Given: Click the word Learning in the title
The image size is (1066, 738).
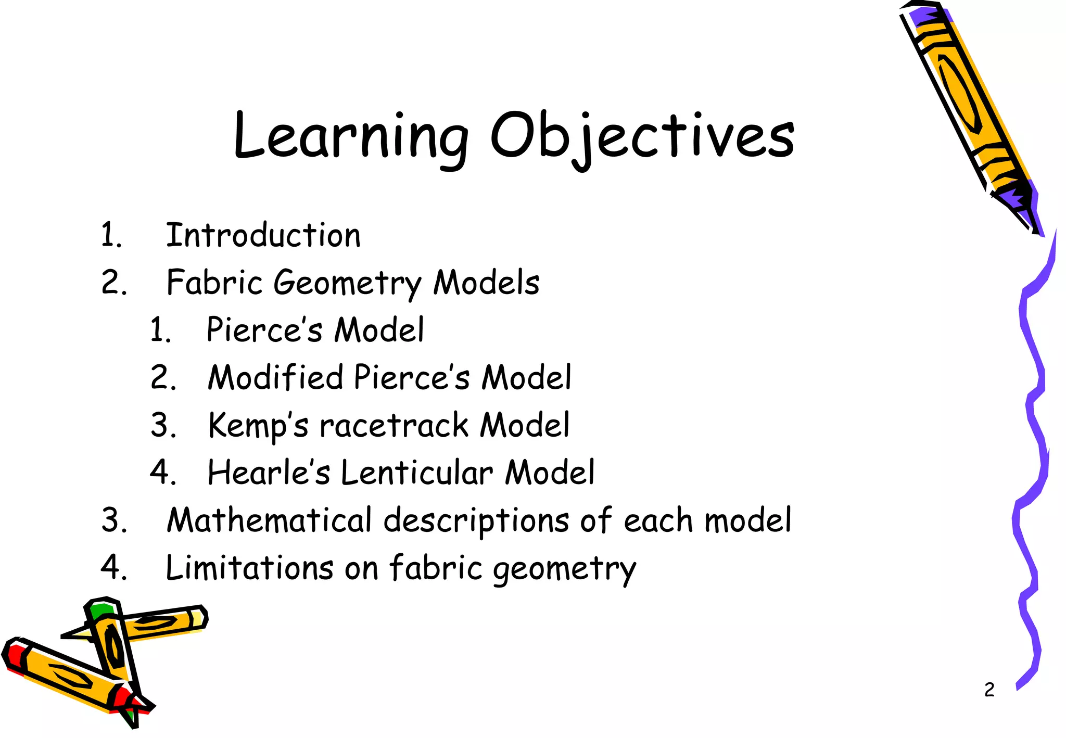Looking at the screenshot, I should click(x=350, y=136).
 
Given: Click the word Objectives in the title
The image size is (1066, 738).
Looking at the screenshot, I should click(x=642, y=136).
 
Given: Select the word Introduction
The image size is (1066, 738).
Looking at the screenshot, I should click(x=263, y=235).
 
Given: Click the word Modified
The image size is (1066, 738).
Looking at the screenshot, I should click(x=275, y=377).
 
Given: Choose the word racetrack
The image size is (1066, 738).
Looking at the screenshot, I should click(x=394, y=426).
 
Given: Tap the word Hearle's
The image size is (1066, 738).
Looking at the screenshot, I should click(x=269, y=473).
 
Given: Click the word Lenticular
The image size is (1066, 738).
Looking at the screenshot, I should click(x=417, y=473).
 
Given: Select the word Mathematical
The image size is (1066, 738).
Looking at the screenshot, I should click(x=269, y=520).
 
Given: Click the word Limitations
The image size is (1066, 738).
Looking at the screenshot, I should click(x=249, y=567).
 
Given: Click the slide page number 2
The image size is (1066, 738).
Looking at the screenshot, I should click(x=989, y=690).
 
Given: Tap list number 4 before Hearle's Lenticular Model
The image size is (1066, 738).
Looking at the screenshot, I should click(x=162, y=473).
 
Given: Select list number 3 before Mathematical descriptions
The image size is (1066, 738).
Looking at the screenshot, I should click(x=114, y=520).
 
